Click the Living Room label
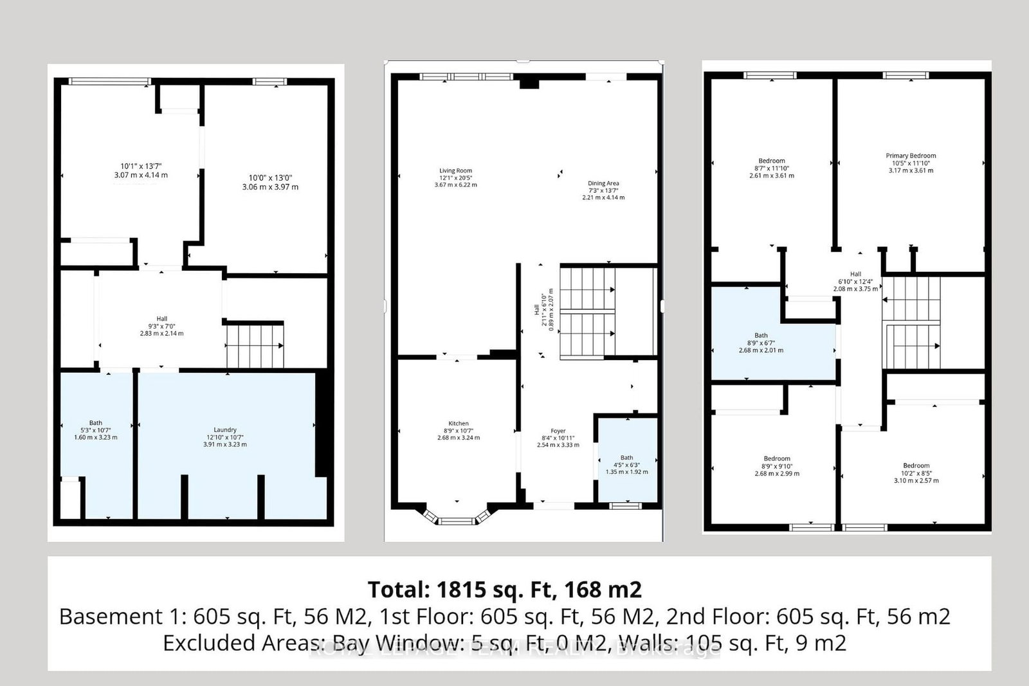(x=455, y=171)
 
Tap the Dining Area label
(x=603, y=184)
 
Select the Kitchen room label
(x=458, y=424)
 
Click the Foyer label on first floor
(x=558, y=431)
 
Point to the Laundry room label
(x=225, y=430)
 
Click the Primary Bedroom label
(x=911, y=156)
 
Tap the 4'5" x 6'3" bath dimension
(x=626, y=465)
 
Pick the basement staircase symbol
(x=255, y=346)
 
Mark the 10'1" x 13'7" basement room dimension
(x=140, y=166)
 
